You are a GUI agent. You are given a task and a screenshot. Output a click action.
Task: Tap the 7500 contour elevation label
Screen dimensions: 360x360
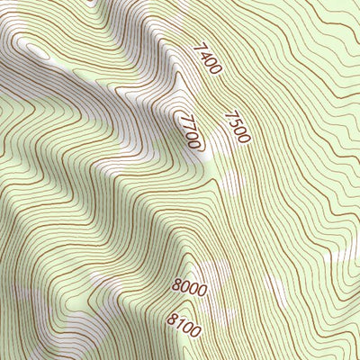coord(236,127)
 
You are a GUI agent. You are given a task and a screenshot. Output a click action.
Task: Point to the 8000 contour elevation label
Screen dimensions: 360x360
coord(190,289)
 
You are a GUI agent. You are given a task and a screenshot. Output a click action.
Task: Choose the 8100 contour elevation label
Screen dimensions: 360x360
coord(184,319)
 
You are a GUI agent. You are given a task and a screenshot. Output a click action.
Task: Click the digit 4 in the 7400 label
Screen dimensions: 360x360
coord(202,52)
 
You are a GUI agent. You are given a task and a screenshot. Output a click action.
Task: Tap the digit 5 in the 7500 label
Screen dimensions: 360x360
coord(233,122)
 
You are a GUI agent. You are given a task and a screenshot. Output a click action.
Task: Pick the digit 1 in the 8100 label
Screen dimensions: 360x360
coord(179,317)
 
